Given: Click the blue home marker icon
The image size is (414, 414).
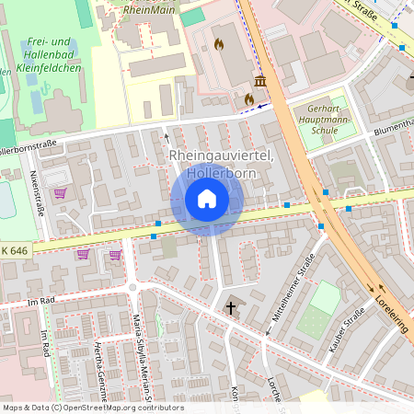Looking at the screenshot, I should pos(207,199).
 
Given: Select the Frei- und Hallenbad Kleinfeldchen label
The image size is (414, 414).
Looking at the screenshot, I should pos(51,54).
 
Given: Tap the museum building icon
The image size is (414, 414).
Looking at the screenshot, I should pos(260,82).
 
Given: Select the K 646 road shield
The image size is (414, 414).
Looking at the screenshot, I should pos(15,250).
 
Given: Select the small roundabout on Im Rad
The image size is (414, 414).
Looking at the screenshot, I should pos(132,289).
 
